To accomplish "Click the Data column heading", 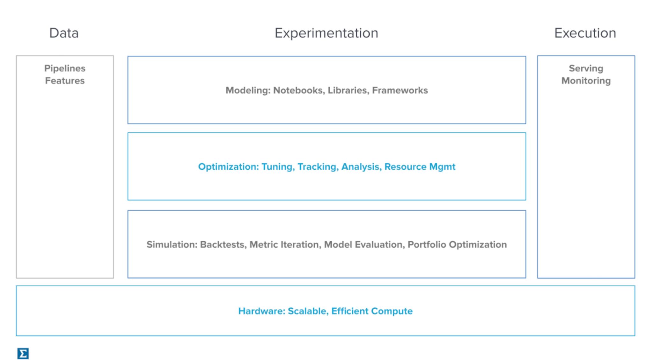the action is coord(64,33).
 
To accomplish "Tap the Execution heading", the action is coord(585,33).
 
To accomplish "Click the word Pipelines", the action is coord(65,69).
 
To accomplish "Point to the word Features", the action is coord(65,81).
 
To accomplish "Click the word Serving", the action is coord(586,69).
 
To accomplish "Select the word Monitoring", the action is coord(586,81).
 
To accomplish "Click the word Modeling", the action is coord(248,91).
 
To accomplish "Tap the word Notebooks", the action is coord(299,91).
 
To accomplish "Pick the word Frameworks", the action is coord(400,91).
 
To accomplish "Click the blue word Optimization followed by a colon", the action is coord(228,167).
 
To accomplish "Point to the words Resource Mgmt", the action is coord(420,167).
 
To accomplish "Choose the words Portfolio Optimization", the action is coord(457,245).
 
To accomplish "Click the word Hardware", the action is coord(261,311).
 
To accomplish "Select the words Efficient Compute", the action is coord(372,311).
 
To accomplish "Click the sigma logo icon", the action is coord(23,353).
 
